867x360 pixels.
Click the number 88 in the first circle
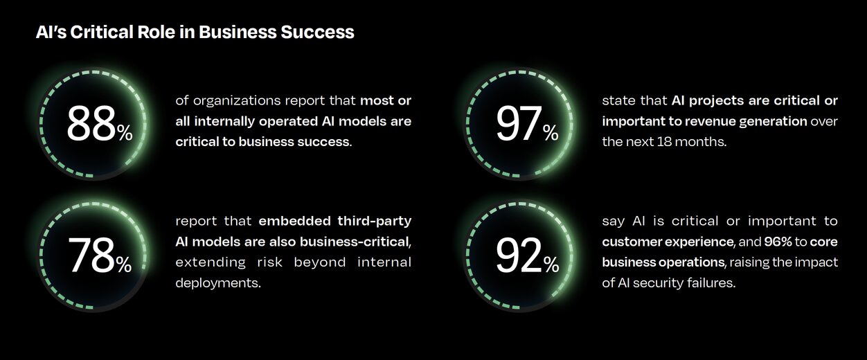pos(91,123)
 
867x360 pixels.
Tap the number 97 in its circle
pos(519,123)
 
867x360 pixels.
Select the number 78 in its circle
pos(91,255)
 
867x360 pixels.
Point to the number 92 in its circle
pos(519,255)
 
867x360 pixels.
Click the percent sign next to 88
pos(125,134)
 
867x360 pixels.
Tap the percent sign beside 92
pos(551,265)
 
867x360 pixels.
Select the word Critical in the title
pos(102,32)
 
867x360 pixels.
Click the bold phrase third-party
pos(374,221)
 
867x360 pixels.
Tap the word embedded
pos(294,221)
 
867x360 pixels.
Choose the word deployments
pos(218,283)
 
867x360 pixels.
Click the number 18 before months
pos(664,142)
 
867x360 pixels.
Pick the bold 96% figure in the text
pos(778,242)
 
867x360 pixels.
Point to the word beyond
pos(320,262)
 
